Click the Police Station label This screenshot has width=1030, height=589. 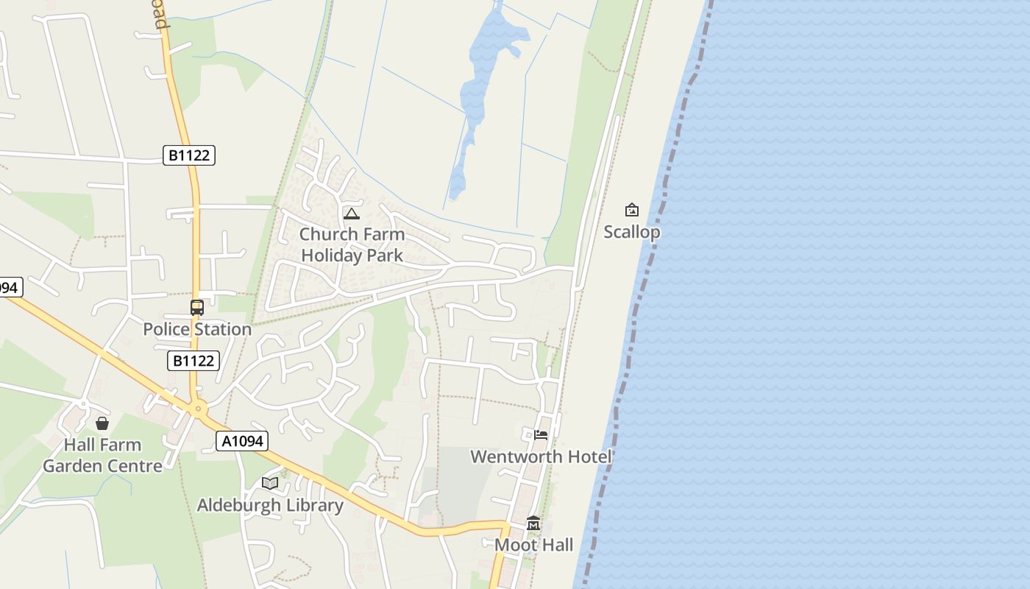point(197,329)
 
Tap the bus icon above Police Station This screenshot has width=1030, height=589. point(197,308)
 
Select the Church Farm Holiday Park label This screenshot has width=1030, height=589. point(352,244)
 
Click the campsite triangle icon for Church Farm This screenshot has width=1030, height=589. point(352,214)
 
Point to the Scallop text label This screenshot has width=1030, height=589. point(632,232)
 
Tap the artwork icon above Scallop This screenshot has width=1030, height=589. point(631,210)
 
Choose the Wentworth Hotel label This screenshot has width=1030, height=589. point(541,456)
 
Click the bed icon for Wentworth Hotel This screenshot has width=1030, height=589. point(541,434)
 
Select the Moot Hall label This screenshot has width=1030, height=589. point(533,545)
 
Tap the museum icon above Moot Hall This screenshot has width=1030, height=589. point(533,523)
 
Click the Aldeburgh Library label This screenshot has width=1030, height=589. point(270,505)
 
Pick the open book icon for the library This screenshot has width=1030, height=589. point(270,483)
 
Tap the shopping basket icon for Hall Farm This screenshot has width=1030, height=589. point(102,423)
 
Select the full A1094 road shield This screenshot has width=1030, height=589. point(242,441)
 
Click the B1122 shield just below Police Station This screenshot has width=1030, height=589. point(194,361)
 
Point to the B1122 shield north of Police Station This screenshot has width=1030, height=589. point(189,155)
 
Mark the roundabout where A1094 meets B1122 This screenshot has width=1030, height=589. point(197,409)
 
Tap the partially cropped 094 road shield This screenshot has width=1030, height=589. point(9,287)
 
